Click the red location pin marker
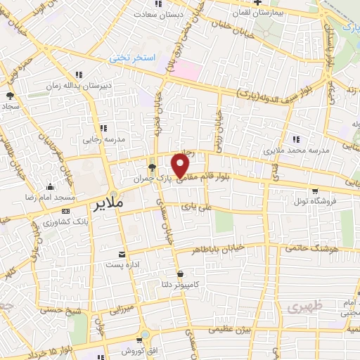(x=181, y=165)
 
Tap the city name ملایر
(x=108, y=202)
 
